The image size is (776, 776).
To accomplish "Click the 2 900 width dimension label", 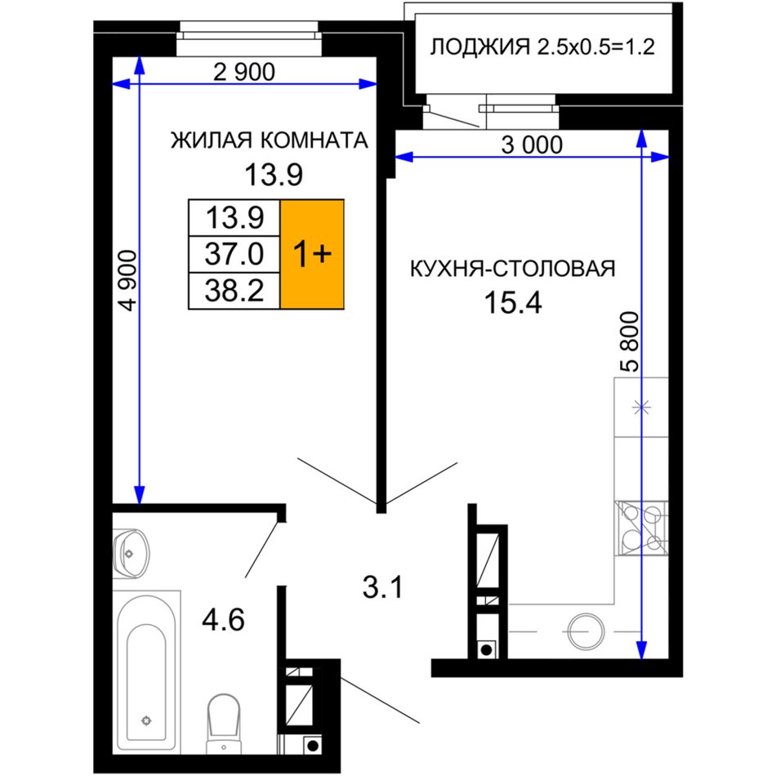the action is tap(244, 72).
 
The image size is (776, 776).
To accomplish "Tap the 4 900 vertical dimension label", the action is tap(128, 280).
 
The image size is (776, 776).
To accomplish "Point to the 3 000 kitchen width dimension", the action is tap(532, 145).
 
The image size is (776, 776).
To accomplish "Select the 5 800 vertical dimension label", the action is tap(630, 341).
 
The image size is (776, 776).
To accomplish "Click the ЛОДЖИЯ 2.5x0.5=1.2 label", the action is tap(542, 47).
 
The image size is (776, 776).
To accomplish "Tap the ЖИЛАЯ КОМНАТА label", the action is tap(270, 140).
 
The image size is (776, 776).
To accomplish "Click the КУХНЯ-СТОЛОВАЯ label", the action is tap(513, 269).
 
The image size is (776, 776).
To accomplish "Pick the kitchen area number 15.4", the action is tap(513, 302).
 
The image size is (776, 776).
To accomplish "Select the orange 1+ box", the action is tap(312, 254).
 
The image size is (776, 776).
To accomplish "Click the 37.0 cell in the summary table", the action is tap(234, 254).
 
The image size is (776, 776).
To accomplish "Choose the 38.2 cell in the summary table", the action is tap(234, 291).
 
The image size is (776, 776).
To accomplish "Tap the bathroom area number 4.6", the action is tap(223, 620).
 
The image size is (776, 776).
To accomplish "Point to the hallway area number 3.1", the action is tap(382, 588).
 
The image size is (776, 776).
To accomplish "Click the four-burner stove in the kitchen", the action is tap(641, 528).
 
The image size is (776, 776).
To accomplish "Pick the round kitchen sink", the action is tap(586, 631).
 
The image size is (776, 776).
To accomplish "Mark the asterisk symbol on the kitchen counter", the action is tap(641, 408).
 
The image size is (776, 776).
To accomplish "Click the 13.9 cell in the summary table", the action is tap(234, 218).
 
